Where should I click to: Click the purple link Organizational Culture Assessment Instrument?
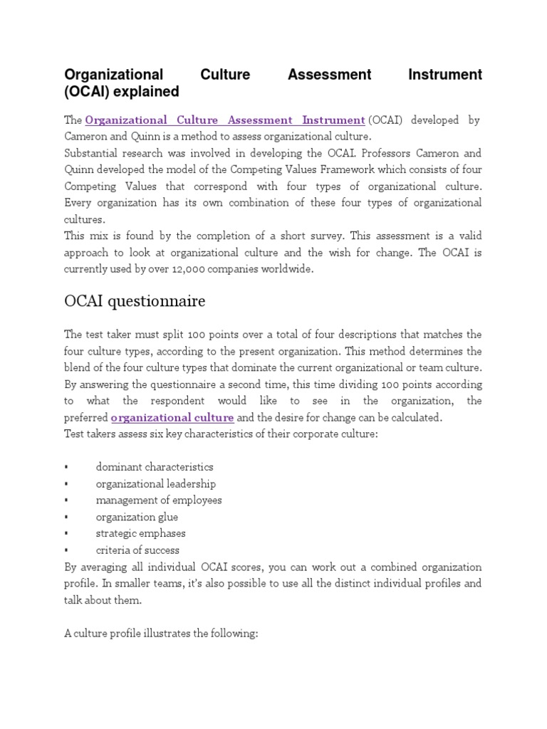pos(224,120)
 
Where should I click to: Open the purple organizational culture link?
pos(172,417)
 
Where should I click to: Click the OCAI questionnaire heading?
pos(135,301)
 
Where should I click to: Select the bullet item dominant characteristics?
pos(155,467)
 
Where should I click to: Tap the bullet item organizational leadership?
pos(155,484)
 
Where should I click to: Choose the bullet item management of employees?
pos(159,500)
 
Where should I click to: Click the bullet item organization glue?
pos(137,517)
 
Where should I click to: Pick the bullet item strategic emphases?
pos(140,533)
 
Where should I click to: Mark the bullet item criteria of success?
pos(137,550)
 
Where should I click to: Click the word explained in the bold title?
pos(150,93)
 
